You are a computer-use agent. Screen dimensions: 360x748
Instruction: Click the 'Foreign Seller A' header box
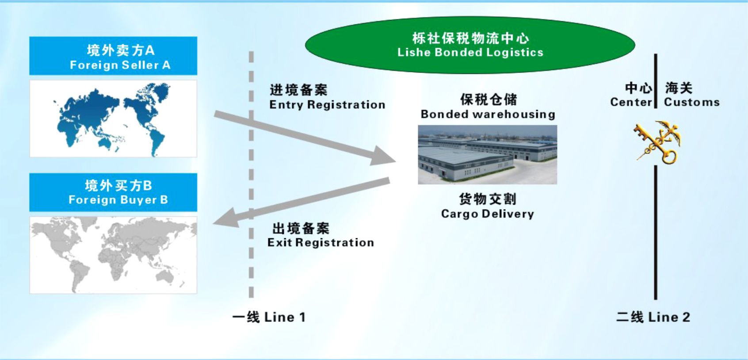coord(113,56)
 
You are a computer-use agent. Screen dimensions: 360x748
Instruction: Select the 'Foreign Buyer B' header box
coord(113,192)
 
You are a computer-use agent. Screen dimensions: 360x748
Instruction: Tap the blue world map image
coord(113,119)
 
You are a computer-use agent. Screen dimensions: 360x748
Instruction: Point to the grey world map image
coord(113,255)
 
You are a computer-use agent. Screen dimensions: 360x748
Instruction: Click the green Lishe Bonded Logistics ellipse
coord(470,45)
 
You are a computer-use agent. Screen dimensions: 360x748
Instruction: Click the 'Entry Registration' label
coord(327,105)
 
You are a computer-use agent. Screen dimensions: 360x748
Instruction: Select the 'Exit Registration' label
coord(321,242)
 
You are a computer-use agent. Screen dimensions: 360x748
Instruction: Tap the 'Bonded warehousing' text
coord(488,114)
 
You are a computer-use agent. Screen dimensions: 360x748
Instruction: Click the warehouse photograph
coord(487,154)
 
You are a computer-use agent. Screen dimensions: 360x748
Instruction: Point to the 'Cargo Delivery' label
coord(487,214)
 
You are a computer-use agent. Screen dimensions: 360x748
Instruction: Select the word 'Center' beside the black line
coord(631,102)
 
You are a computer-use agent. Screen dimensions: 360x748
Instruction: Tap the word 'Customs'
coord(692,102)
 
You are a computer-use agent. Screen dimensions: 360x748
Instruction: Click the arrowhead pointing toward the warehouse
coord(383,157)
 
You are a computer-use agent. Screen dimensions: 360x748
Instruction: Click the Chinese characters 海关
coord(679,88)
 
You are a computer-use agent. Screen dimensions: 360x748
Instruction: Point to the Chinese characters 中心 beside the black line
coord(638,88)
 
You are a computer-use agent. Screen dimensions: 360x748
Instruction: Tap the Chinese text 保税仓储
coord(488,100)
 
